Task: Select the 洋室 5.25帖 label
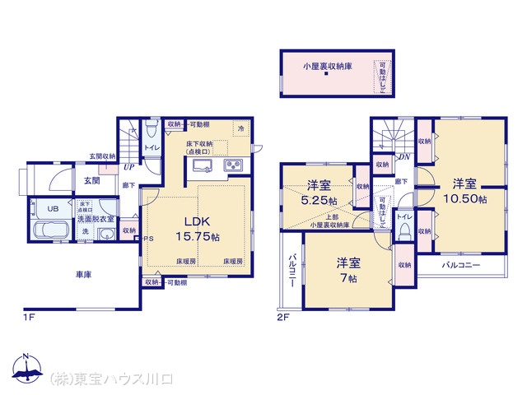317,193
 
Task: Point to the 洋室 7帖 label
347,271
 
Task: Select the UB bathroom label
51,209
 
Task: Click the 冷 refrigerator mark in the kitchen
241,129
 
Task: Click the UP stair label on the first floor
129,167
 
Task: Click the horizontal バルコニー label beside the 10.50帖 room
459,266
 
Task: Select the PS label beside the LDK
148,239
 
